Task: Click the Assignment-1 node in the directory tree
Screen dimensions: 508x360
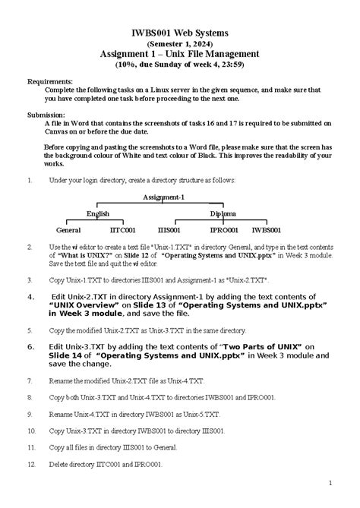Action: pos(163,197)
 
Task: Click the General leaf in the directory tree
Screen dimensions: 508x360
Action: pos(68,229)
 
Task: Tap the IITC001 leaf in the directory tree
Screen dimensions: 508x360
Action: pos(122,229)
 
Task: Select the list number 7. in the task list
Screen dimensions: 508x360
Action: pos(29,380)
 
